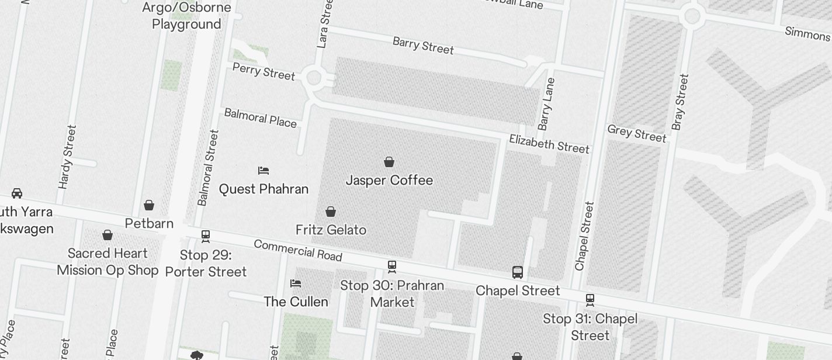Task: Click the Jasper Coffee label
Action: coord(389,180)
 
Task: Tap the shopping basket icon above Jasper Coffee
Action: coord(389,162)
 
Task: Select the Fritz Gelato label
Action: coord(331,230)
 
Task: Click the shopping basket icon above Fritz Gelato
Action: coord(331,212)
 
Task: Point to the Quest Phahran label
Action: coord(264,189)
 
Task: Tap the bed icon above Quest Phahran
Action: coord(264,171)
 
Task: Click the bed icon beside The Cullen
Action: coord(296,283)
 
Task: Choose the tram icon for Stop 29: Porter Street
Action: coord(206,236)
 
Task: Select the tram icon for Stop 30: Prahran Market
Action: coord(392,266)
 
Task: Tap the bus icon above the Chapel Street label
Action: coord(518,272)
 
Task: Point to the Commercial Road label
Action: coord(298,250)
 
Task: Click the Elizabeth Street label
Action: coord(549,143)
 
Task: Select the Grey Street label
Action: coord(636,133)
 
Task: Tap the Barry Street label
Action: coord(423,45)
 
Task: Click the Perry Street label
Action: coord(264,71)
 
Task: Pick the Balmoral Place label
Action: coord(260,117)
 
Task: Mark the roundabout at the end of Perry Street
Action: coord(314,77)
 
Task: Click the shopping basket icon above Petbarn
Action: coord(149,205)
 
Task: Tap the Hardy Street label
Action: coord(68,157)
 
